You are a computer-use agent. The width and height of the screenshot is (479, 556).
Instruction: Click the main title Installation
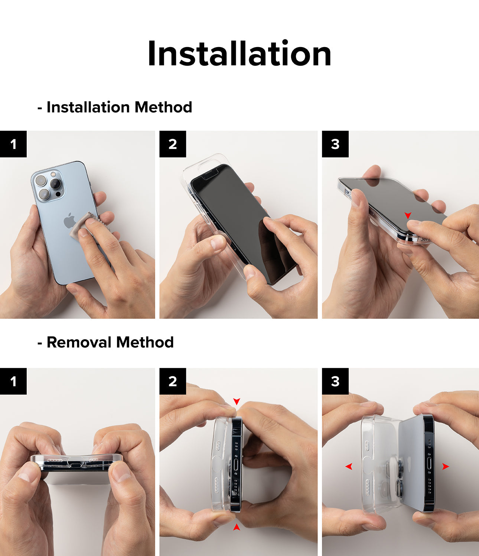(x=239, y=54)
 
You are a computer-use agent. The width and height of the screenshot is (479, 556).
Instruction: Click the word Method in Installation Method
(x=163, y=107)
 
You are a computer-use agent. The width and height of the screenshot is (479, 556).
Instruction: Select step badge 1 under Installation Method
(x=13, y=144)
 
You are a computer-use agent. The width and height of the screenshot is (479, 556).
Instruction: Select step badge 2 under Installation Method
(x=173, y=144)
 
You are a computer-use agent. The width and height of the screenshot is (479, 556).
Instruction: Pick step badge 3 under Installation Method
(x=335, y=144)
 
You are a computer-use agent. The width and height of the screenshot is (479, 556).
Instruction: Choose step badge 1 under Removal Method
(x=13, y=381)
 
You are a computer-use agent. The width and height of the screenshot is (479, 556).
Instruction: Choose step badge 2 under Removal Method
(x=173, y=381)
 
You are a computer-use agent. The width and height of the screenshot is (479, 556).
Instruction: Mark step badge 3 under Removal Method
(x=335, y=381)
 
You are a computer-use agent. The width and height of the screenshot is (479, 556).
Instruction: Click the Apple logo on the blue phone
(x=69, y=221)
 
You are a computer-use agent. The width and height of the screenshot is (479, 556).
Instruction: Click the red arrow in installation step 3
(x=408, y=215)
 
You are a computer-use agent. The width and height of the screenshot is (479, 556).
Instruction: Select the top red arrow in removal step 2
(x=237, y=401)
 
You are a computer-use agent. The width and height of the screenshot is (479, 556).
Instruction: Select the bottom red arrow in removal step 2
(x=237, y=527)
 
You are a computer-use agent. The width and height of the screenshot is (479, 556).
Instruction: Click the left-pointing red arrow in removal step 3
(x=349, y=466)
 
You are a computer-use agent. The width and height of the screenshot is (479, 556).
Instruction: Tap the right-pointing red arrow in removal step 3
(x=446, y=467)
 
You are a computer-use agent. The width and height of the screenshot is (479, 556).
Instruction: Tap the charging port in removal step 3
(x=430, y=467)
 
